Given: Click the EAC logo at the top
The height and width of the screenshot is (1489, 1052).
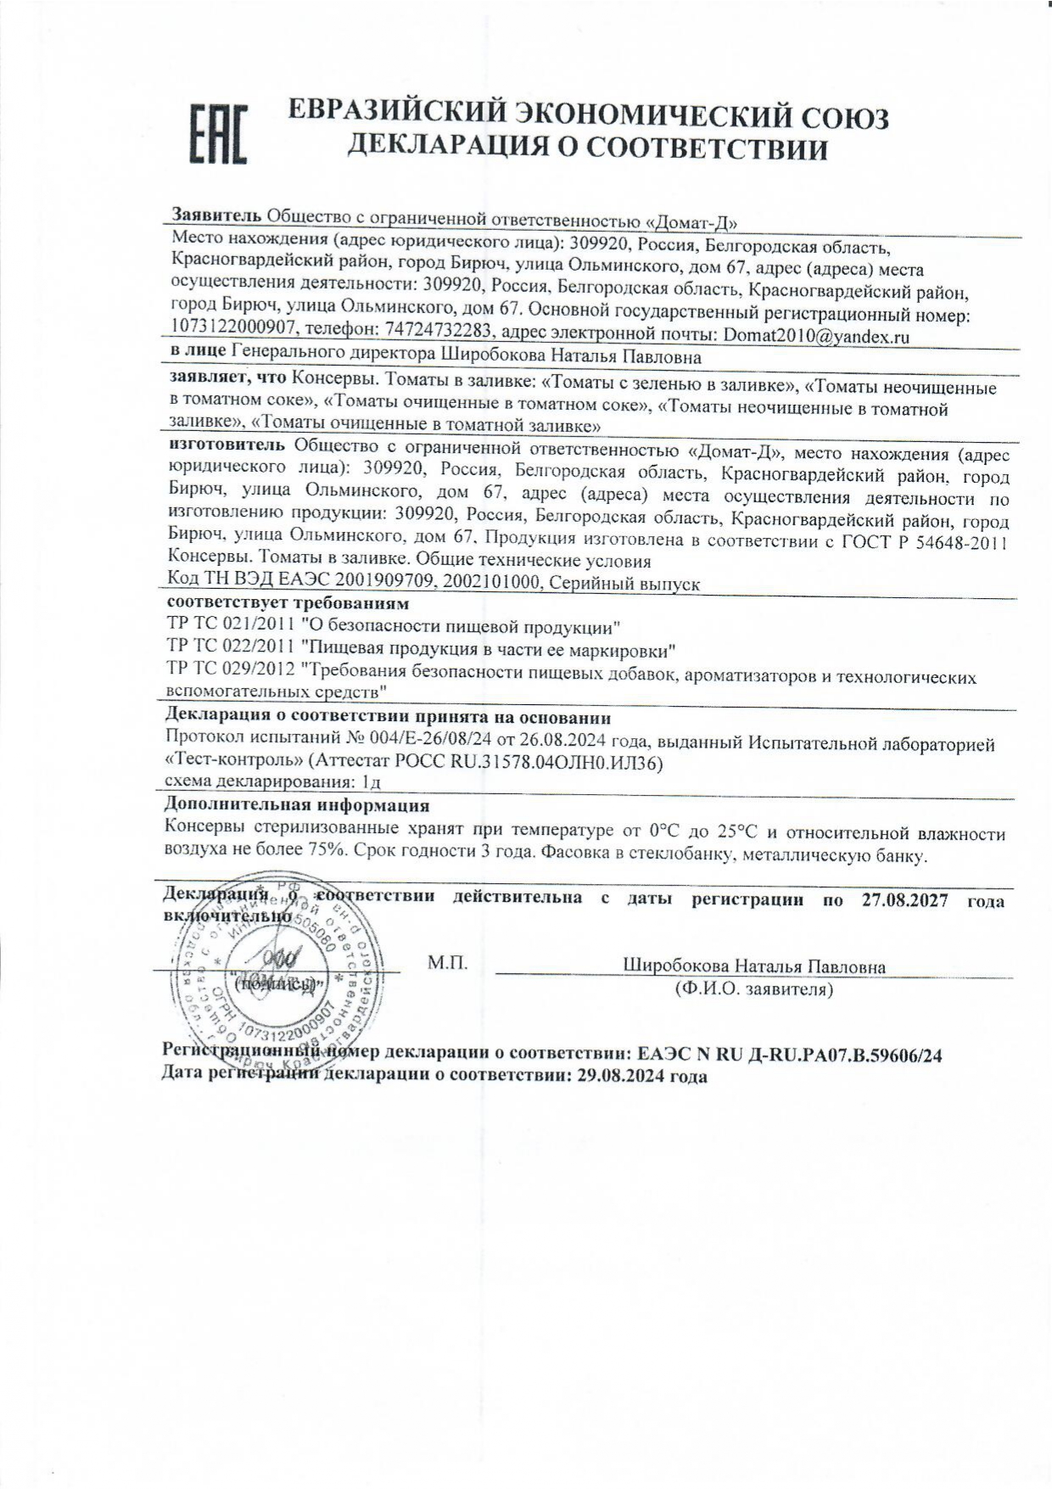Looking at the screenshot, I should (217, 133).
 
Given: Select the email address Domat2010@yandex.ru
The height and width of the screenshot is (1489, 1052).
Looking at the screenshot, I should (816, 335).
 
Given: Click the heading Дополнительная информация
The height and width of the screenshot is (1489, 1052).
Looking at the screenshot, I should (296, 804).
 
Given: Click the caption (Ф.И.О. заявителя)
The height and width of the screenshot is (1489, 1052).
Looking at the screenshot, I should (753, 988).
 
